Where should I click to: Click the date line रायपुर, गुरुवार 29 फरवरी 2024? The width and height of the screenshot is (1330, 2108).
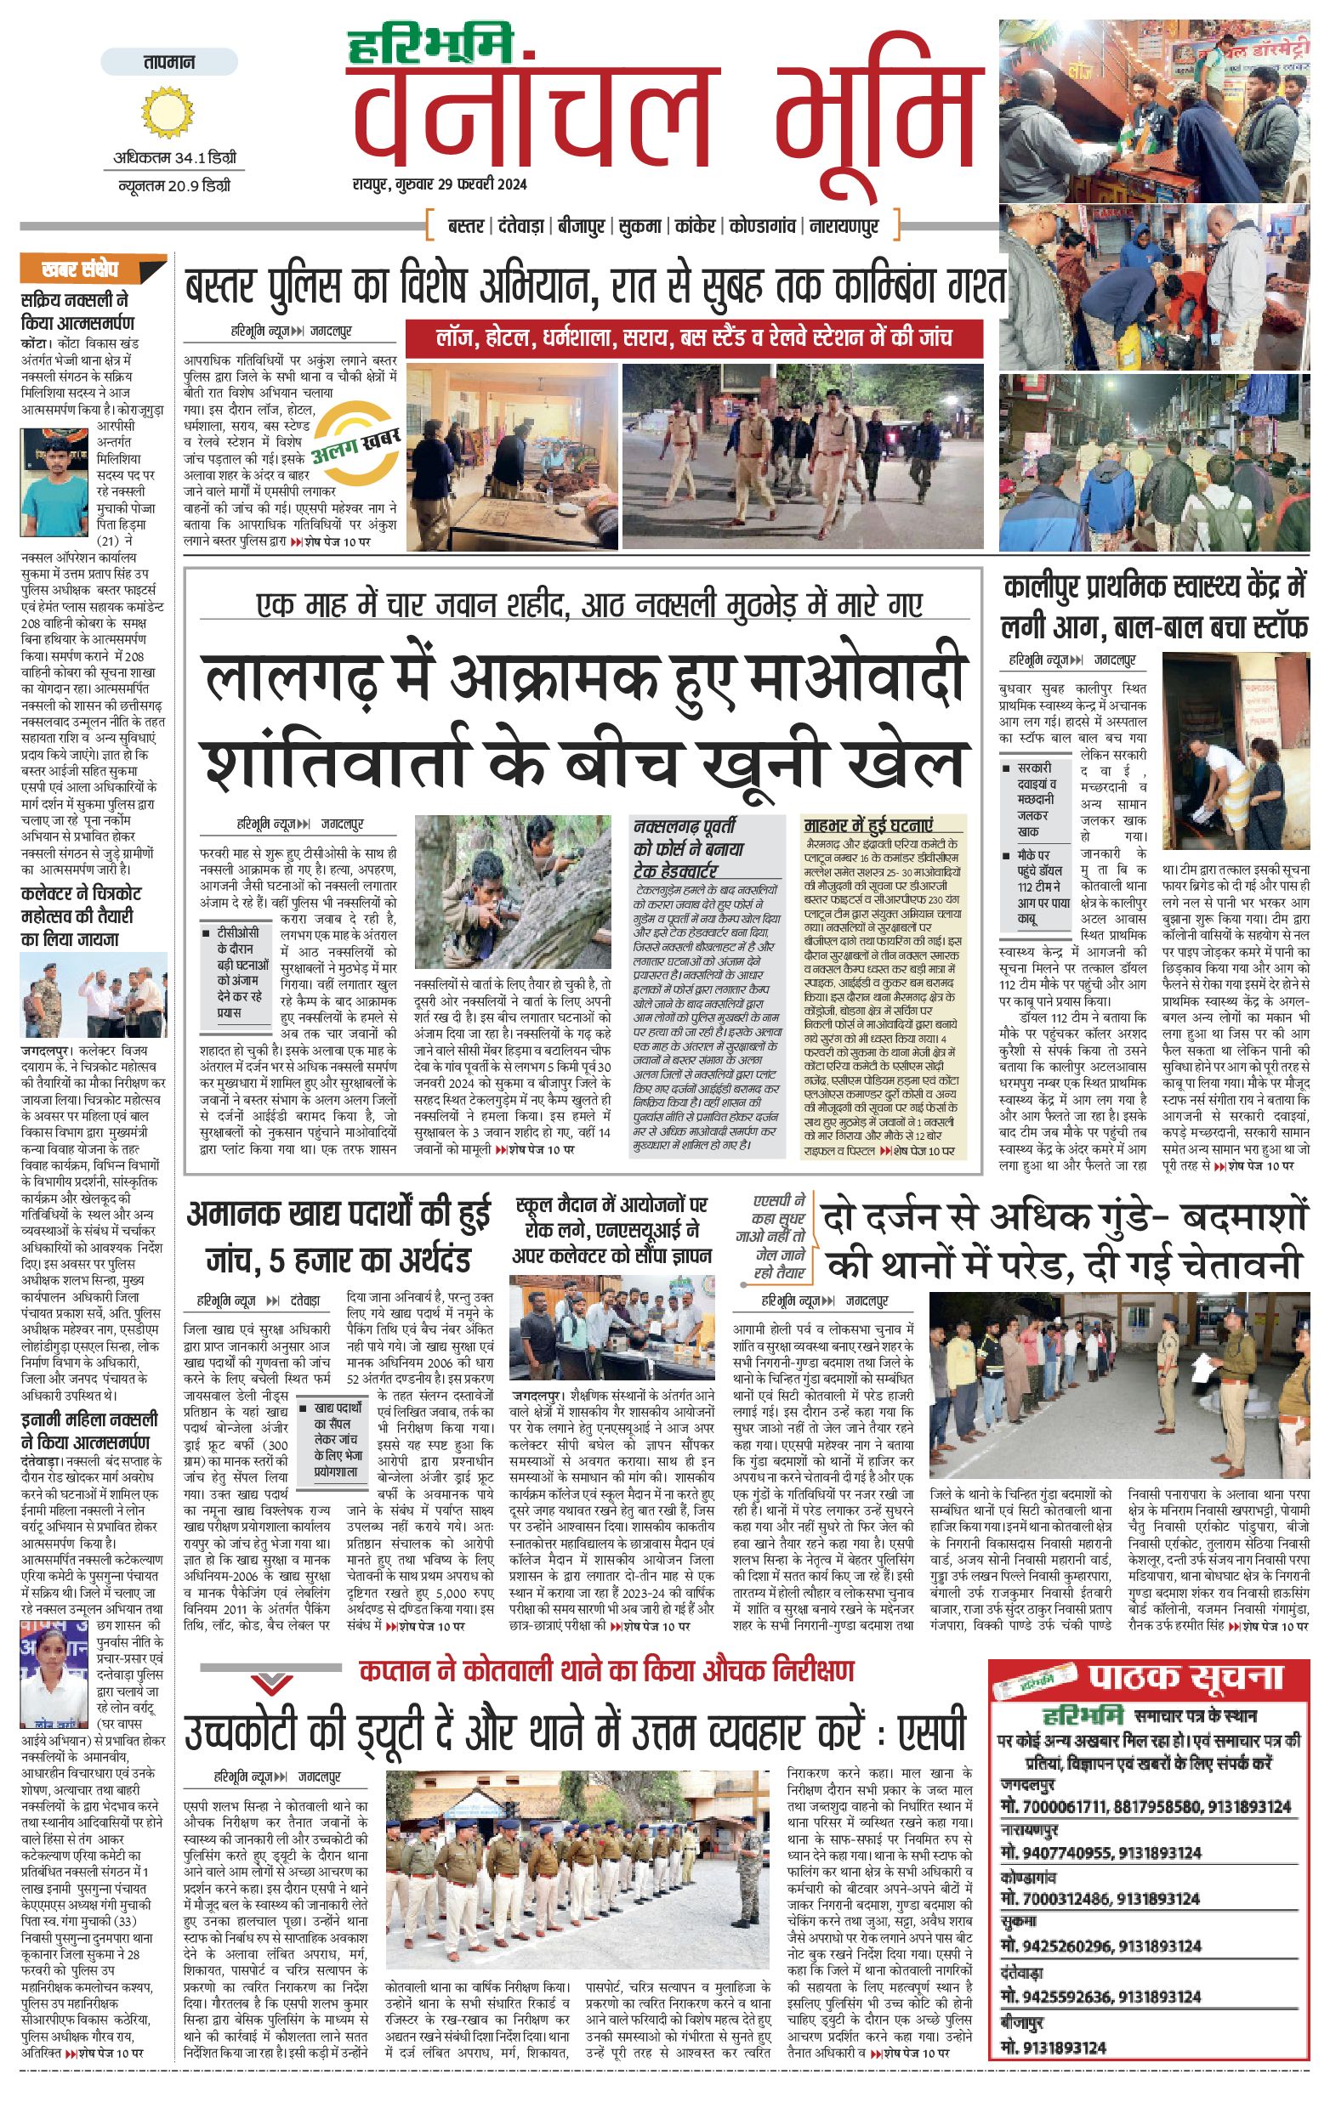coord(440,184)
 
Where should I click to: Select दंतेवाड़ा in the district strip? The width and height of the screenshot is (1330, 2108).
coord(524,227)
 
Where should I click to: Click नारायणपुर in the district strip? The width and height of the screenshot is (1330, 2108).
coord(844,227)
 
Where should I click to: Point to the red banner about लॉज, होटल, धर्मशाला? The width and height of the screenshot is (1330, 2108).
coord(693,338)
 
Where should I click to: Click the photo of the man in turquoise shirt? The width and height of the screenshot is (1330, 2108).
coord(54,484)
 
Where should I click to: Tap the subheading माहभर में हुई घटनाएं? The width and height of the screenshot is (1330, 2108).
coord(868,824)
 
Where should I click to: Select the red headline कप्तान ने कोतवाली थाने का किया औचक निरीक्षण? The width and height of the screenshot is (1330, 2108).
coord(606,1670)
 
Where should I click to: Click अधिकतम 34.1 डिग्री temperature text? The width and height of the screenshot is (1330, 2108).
coord(174,158)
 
